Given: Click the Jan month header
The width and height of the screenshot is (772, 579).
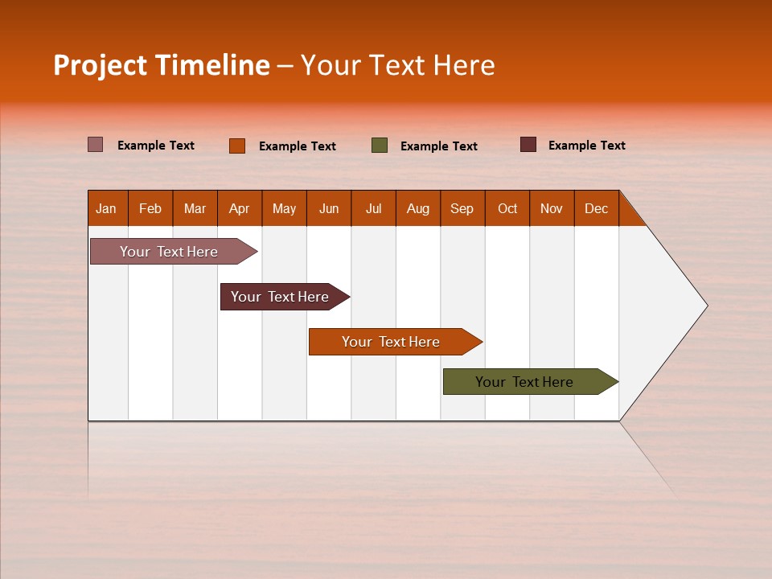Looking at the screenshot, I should (x=106, y=208).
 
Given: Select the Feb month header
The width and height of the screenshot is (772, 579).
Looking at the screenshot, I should (x=150, y=208).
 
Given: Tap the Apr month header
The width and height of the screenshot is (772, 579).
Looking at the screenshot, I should (x=239, y=208).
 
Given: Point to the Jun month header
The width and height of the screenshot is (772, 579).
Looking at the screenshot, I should (x=329, y=208).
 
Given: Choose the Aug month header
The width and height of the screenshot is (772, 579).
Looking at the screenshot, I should (x=417, y=208).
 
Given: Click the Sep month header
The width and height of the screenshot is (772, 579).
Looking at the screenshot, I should (x=462, y=208).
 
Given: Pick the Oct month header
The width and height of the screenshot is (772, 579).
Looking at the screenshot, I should (x=507, y=208).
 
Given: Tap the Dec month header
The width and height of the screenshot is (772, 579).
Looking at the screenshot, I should (x=596, y=208).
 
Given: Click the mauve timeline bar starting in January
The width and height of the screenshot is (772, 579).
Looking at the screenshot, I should (x=169, y=252).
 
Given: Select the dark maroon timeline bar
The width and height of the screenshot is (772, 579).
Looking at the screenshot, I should (x=280, y=297).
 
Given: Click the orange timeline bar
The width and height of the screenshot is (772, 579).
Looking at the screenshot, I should (x=391, y=342).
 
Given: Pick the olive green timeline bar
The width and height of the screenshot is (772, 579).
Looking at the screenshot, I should (x=524, y=382).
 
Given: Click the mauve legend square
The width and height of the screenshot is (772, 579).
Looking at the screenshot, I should (x=95, y=145).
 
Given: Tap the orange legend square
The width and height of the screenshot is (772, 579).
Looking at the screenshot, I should (x=236, y=146).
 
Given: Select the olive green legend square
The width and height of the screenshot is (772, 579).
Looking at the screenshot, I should (x=380, y=146).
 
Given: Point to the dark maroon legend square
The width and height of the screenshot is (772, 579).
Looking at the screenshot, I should (x=528, y=145).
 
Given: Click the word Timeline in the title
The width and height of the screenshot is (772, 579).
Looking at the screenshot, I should (x=211, y=65).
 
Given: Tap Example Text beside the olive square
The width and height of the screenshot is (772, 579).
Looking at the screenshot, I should (x=438, y=146).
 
